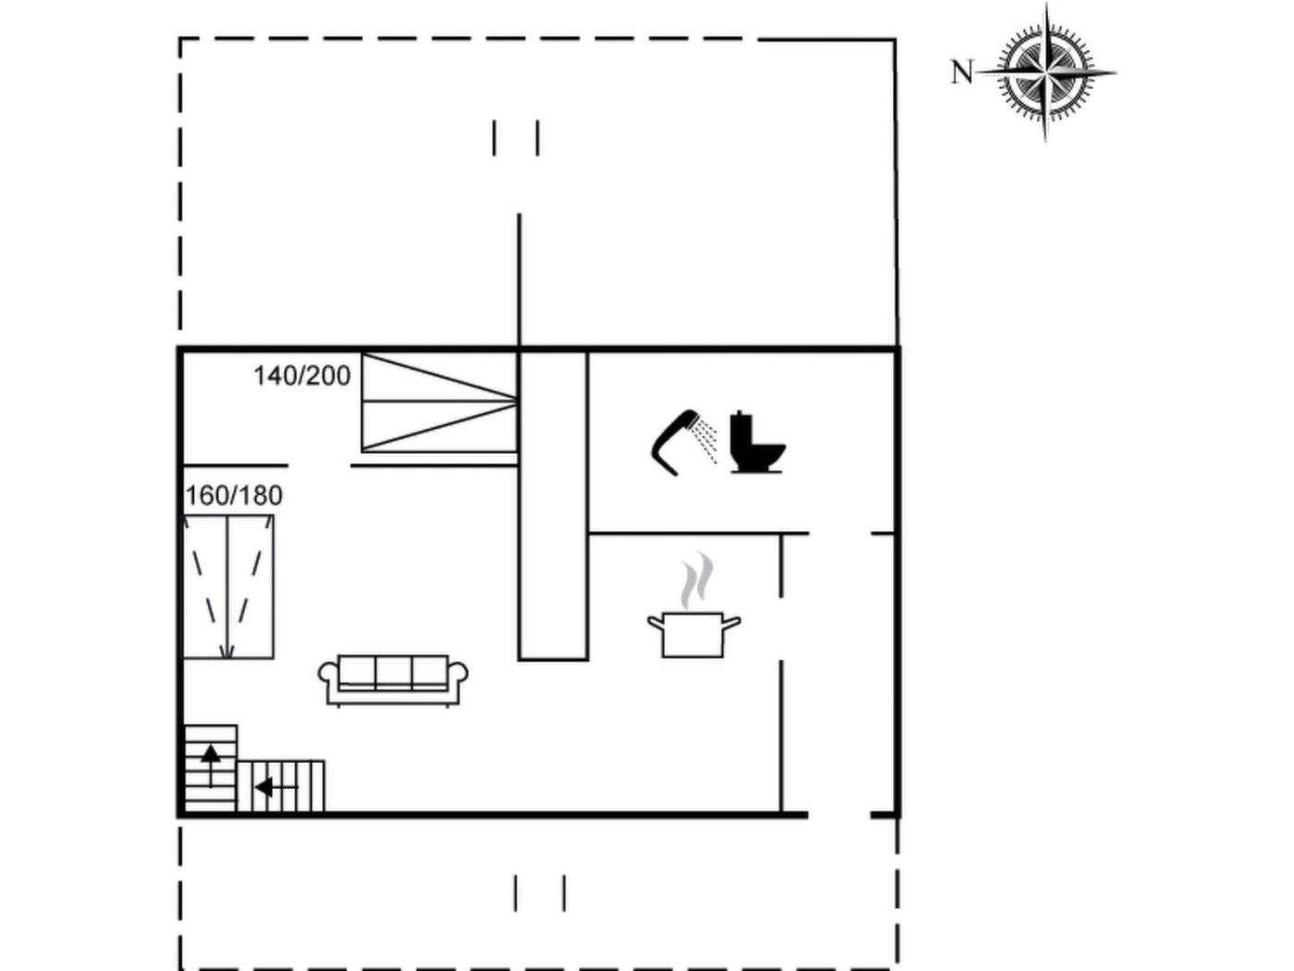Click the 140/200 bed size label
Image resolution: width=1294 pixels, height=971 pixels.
pos(302,375)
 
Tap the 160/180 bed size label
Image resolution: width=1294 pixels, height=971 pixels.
pos(234,496)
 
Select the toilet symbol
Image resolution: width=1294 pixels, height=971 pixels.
pos(757,442)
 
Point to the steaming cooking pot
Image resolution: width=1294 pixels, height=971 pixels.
pos(694,633)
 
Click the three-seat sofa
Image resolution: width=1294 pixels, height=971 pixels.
pos(393,681)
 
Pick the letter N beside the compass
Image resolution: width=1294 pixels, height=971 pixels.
pos(962,72)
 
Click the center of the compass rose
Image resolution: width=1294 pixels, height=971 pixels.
pos(1045,73)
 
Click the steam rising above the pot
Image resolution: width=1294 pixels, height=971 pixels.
pos(697,580)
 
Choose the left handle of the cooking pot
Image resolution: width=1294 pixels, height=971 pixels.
pos(655,622)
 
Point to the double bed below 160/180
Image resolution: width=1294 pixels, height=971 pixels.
pos(227,586)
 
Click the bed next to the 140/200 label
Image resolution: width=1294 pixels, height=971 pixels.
pos(440,402)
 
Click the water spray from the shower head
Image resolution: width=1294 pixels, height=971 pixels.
pos(706,439)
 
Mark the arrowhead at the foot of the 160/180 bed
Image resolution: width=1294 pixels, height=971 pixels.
pos(227,651)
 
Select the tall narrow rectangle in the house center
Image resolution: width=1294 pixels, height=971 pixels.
pos(553,506)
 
